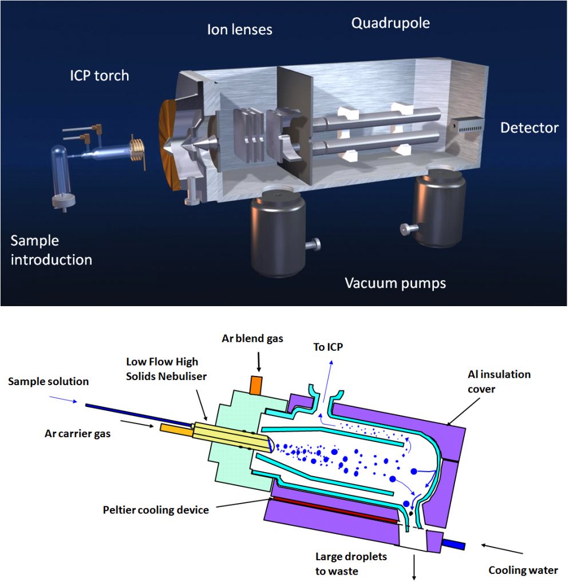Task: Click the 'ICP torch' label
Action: click(x=96, y=76)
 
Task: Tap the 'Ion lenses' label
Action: click(x=239, y=29)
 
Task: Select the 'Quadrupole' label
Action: click(x=390, y=23)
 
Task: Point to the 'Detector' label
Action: click(x=529, y=128)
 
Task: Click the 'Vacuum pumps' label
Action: click(x=395, y=283)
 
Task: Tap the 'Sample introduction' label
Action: click(x=51, y=250)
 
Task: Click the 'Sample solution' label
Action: click(x=49, y=381)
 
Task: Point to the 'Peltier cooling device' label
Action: click(x=155, y=509)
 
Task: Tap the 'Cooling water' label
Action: click(x=523, y=570)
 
